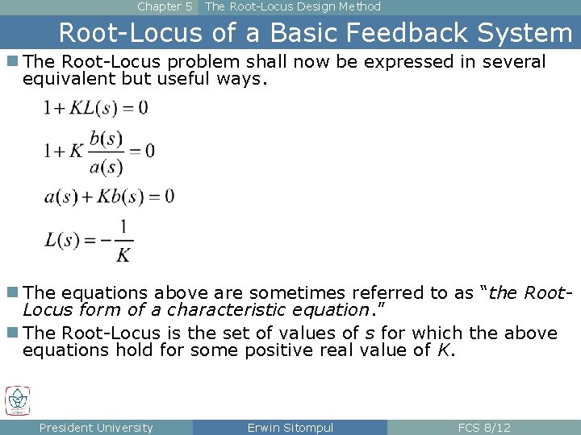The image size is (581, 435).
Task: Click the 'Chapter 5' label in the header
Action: tap(165, 6)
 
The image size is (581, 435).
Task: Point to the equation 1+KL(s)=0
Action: tap(96, 108)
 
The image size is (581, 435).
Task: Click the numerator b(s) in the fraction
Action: tap(106, 138)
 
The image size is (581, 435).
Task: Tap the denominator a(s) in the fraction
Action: tap(106, 166)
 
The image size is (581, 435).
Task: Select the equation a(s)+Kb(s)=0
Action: tap(109, 196)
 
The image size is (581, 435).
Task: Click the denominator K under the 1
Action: tap(123, 255)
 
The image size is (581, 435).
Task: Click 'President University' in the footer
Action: tap(96, 428)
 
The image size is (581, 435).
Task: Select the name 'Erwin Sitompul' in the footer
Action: tap(290, 428)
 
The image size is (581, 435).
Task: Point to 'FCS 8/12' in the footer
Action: tap(484, 428)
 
